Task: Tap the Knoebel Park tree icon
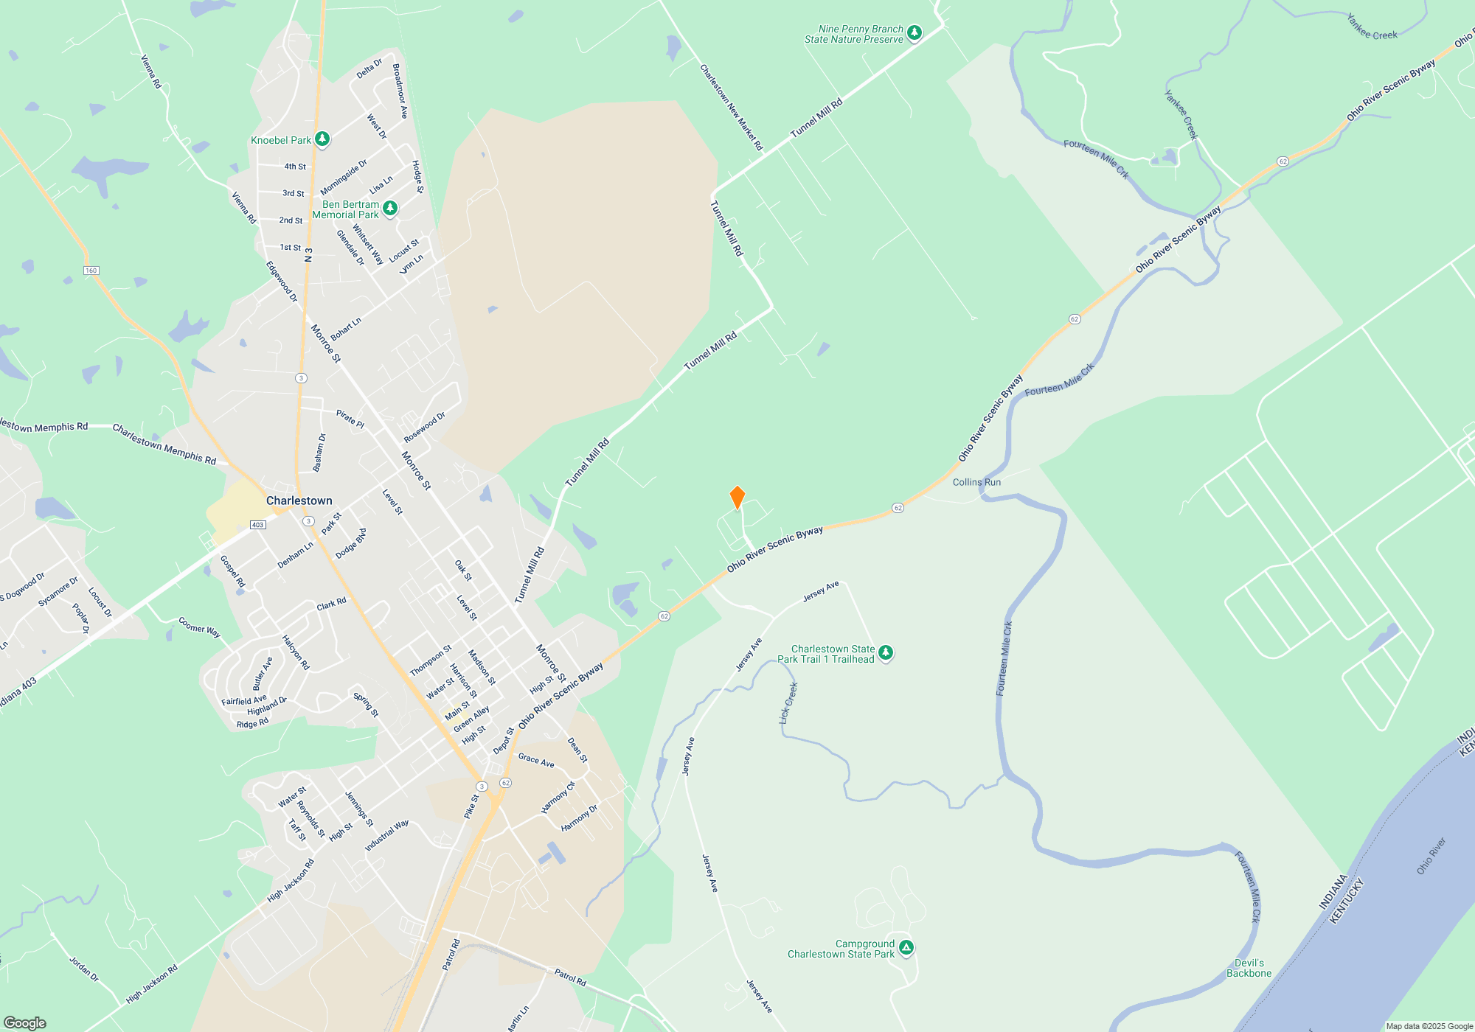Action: pyautogui.click(x=322, y=139)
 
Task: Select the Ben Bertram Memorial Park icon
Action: pyautogui.click(x=390, y=209)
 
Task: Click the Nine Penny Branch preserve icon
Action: pyautogui.click(x=914, y=33)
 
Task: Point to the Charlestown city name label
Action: pyautogui.click(x=299, y=501)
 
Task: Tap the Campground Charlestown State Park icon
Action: pyautogui.click(x=906, y=948)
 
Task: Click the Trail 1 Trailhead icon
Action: pyautogui.click(x=886, y=653)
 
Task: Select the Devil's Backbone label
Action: pyautogui.click(x=1249, y=968)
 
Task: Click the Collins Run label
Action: pyautogui.click(x=976, y=482)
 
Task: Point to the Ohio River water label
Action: pyautogui.click(x=1431, y=856)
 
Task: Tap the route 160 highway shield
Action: pyautogui.click(x=91, y=271)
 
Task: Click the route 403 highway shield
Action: pyautogui.click(x=257, y=525)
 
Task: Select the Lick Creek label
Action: pyautogui.click(x=788, y=702)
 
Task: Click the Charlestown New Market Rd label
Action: pyautogui.click(x=731, y=108)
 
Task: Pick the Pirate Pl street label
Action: pyautogui.click(x=350, y=419)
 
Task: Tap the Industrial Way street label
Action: pyautogui.click(x=386, y=836)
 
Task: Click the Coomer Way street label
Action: pyautogui.click(x=199, y=627)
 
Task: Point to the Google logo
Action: pyautogui.click(x=24, y=1022)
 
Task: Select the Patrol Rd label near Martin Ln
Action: pyautogui.click(x=570, y=977)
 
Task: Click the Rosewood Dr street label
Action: pyautogui.click(x=424, y=428)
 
